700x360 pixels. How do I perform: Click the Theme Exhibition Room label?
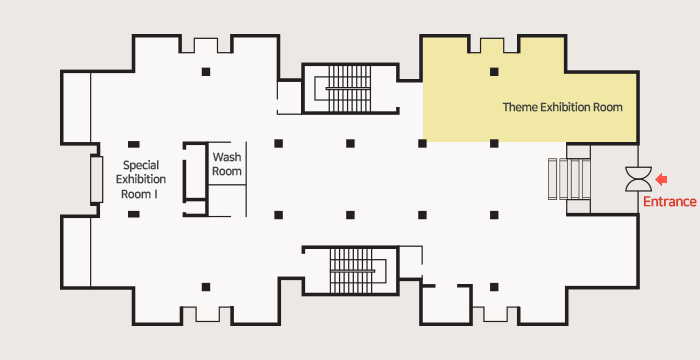(562, 107)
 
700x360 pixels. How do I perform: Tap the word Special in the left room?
(141, 166)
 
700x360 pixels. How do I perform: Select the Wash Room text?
(227, 164)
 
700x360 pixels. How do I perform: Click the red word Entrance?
(670, 202)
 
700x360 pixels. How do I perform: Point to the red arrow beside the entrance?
(661, 180)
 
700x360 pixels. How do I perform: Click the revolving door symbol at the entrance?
(638, 179)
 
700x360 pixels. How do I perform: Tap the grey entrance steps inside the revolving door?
(570, 179)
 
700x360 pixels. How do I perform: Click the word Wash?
(227, 157)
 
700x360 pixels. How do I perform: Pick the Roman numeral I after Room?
(155, 195)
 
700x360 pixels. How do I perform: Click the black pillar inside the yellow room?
(494, 71)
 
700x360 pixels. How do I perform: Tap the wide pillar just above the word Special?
(133, 144)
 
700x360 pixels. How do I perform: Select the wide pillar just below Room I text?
(133, 214)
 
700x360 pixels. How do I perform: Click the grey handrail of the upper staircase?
(348, 88)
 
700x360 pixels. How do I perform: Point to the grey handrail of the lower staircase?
(352, 271)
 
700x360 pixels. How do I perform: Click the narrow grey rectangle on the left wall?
(96, 179)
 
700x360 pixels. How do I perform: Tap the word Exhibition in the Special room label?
(141, 180)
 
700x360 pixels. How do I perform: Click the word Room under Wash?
(227, 171)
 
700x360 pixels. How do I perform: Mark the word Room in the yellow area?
(608, 107)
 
